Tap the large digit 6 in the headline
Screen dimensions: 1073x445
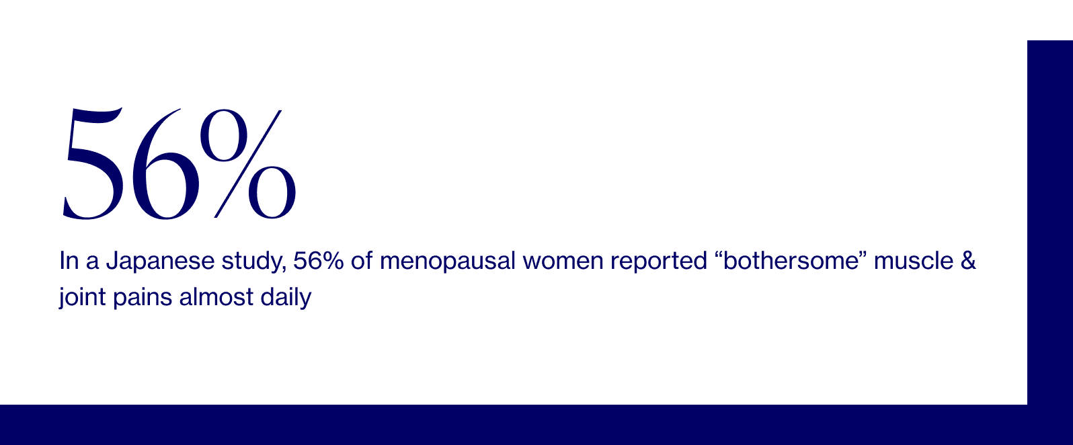[x=165, y=164]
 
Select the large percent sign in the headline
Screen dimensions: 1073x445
[x=248, y=163]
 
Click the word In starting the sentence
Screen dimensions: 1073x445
[x=69, y=261]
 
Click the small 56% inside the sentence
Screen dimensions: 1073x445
[x=319, y=261]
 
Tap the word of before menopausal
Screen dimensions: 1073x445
[x=362, y=261]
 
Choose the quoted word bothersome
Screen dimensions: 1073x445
[x=791, y=261]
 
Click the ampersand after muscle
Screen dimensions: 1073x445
[x=968, y=261]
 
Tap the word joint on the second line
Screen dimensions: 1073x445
[x=82, y=298]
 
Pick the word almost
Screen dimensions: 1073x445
[x=216, y=297]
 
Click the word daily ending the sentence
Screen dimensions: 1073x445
[x=286, y=298]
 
